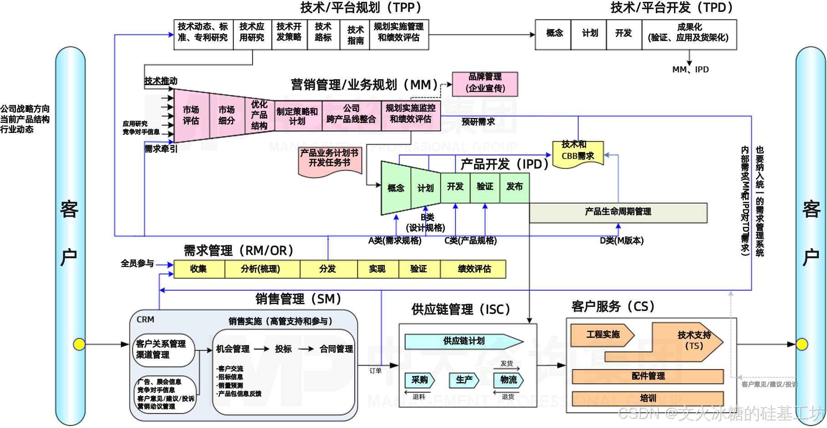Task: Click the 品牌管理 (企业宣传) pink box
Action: pos(485,84)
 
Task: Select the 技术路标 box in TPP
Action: pos(323,33)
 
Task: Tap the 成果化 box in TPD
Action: pos(689,33)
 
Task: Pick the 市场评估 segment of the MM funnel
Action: pos(191,115)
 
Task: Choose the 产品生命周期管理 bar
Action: pos(618,212)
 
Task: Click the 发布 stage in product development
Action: pos(515,187)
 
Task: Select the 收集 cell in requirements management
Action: pos(199,269)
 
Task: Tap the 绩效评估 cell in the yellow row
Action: pos(474,269)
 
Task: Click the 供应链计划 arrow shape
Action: pos(464,341)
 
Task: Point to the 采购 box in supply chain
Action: pos(419,380)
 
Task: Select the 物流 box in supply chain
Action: pos(508,380)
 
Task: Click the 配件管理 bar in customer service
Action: pos(648,377)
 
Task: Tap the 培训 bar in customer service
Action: pos(648,398)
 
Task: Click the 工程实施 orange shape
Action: pos(602,335)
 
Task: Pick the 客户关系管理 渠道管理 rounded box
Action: pos(162,350)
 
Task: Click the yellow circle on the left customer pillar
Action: pos(79,344)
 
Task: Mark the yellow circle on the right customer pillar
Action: pos(802,344)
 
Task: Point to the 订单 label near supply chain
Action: pos(375,371)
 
